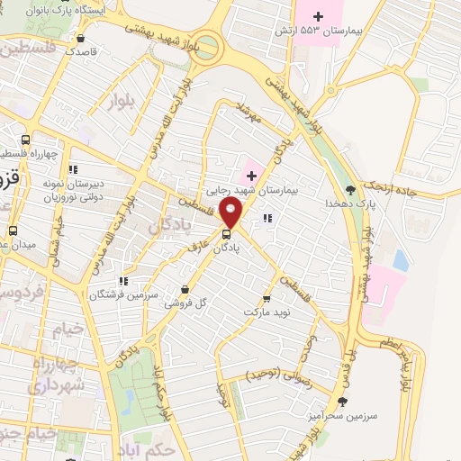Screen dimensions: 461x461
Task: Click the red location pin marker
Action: [231, 213]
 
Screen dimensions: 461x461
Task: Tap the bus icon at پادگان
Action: [225, 238]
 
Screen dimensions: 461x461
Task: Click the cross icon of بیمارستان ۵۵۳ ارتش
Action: [317, 15]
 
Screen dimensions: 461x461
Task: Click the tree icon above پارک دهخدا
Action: [350, 189]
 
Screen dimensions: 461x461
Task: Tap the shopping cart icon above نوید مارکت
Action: [266, 298]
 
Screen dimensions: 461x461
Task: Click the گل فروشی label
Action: [185, 304]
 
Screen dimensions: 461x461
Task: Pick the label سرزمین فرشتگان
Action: [123, 294]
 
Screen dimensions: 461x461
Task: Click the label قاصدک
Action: [82, 52]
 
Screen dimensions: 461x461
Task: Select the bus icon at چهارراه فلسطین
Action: [25, 140]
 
